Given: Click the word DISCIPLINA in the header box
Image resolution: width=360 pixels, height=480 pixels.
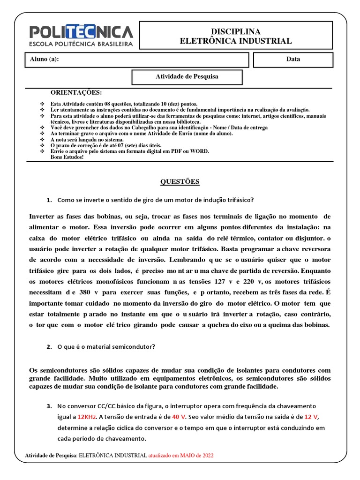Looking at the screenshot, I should [236, 31].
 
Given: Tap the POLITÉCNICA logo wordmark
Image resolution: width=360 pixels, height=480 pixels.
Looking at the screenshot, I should [81, 32].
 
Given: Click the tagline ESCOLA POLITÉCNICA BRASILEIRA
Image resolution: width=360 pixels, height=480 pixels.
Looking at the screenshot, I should [81, 44].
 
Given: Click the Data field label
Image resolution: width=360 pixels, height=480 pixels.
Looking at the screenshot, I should [293, 60].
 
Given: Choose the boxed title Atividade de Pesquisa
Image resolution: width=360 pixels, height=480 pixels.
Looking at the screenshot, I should [187, 76].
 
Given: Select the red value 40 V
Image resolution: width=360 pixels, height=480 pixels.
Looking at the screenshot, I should [179, 416].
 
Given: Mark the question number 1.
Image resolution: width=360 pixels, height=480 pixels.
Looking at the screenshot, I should [49, 200].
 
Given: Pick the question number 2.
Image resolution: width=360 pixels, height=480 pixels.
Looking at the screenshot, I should [49, 347].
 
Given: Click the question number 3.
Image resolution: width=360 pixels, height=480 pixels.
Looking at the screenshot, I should [49, 405].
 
